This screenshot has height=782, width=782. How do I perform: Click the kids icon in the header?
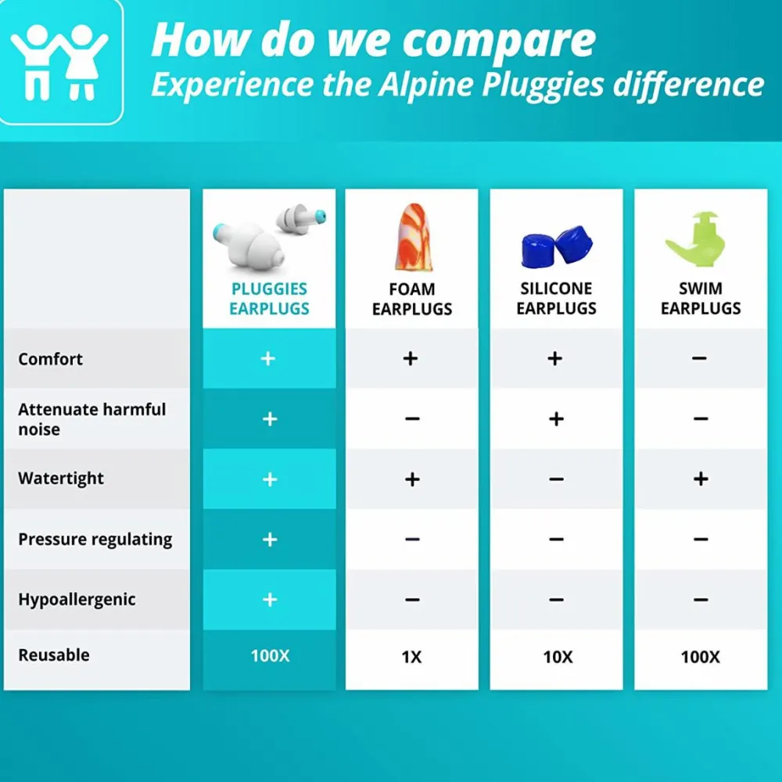(x=59, y=62)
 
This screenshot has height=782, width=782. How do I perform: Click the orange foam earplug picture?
(x=412, y=237)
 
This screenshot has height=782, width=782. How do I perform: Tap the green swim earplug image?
(x=695, y=239)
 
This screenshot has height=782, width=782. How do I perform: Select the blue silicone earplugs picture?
(x=557, y=246)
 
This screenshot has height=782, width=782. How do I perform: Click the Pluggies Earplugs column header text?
(x=269, y=298)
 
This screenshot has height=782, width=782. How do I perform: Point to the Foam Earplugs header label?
(x=412, y=299)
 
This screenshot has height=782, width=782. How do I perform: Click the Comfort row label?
(x=50, y=359)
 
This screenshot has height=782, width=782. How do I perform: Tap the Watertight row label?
(x=61, y=479)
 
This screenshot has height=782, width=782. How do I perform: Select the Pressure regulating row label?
(x=95, y=539)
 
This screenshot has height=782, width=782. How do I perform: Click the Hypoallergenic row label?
(x=77, y=599)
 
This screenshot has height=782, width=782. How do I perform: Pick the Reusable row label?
(x=54, y=655)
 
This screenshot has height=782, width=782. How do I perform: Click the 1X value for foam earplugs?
(x=411, y=657)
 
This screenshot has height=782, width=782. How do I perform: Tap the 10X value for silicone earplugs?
(x=558, y=657)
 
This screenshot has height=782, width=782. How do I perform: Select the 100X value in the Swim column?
(x=700, y=657)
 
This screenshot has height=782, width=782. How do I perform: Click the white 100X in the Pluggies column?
(x=270, y=655)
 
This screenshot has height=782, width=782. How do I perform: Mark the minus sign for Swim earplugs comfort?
(x=699, y=358)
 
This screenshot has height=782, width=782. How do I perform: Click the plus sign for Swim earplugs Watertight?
(x=701, y=479)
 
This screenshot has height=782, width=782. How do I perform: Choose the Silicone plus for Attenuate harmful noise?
(x=556, y=418)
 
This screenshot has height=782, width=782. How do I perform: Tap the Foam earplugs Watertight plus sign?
(x=412, y=479)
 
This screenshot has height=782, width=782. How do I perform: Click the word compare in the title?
(x=499, y=41)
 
